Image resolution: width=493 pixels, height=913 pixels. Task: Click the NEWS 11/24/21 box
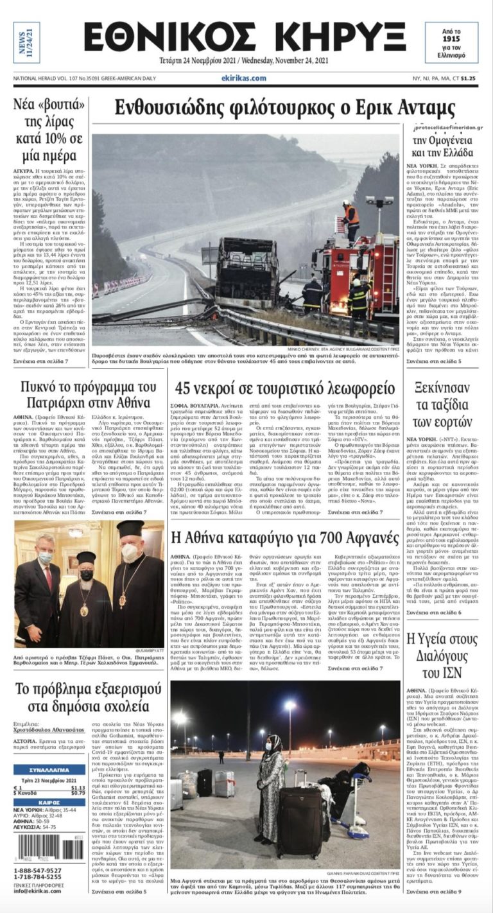click(x=26, y=42)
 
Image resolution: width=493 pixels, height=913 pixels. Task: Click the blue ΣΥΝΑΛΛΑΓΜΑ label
click(x=49, y=769)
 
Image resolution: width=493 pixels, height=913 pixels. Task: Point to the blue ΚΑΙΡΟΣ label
click(x=49, y=802)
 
